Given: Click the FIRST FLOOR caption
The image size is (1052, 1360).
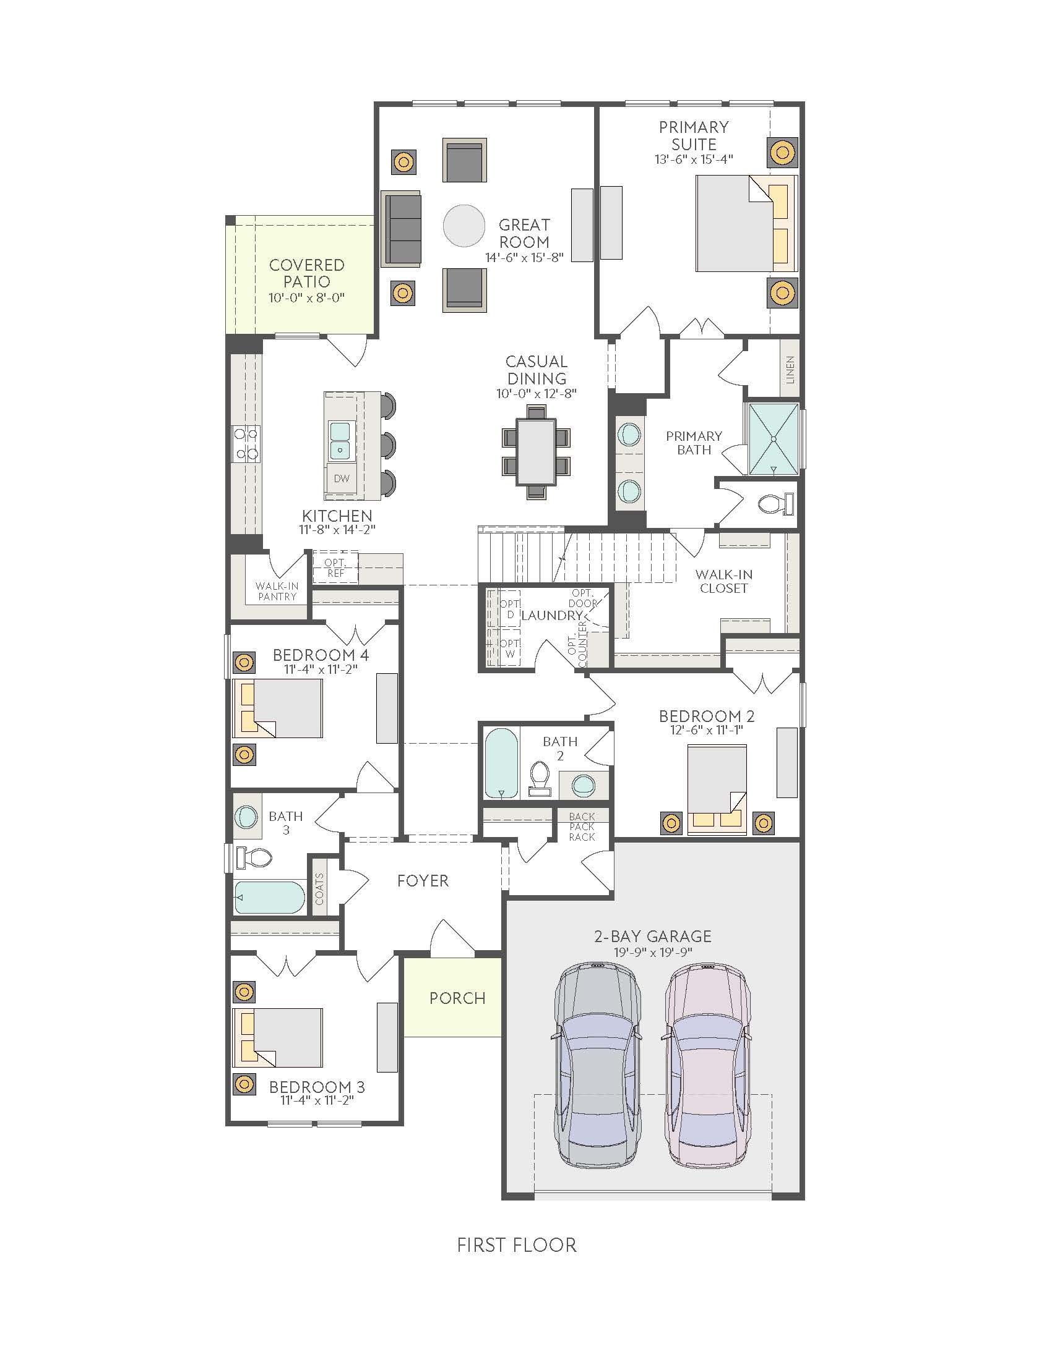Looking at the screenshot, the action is point(517,1245).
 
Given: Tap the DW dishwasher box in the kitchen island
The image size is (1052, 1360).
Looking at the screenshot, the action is point(342,479).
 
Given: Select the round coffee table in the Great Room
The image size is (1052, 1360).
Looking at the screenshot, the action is point(463,226).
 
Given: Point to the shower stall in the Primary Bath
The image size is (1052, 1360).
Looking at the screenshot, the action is point(773,438).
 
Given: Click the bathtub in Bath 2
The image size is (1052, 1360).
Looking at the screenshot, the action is point(502,764).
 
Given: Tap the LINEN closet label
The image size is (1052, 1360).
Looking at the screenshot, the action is point(790,368).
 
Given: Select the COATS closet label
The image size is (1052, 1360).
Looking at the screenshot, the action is point(319,888).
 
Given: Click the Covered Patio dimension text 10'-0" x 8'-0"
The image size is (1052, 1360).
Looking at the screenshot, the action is point(306,298).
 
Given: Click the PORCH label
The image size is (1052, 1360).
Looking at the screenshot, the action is point(457,998).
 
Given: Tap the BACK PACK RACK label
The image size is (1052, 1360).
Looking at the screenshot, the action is point(582,827).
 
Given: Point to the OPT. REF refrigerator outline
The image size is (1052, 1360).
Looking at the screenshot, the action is point(335,567).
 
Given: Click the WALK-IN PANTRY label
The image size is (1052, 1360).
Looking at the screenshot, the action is point(277,591).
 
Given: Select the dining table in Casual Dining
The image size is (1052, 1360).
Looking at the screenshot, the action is point(536,451).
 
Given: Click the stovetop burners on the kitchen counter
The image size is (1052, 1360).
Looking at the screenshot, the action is point(246,443).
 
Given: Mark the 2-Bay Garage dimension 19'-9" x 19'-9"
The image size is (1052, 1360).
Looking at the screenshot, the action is point(652,952).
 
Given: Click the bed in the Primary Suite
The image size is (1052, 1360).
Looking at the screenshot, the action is point(747,224).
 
